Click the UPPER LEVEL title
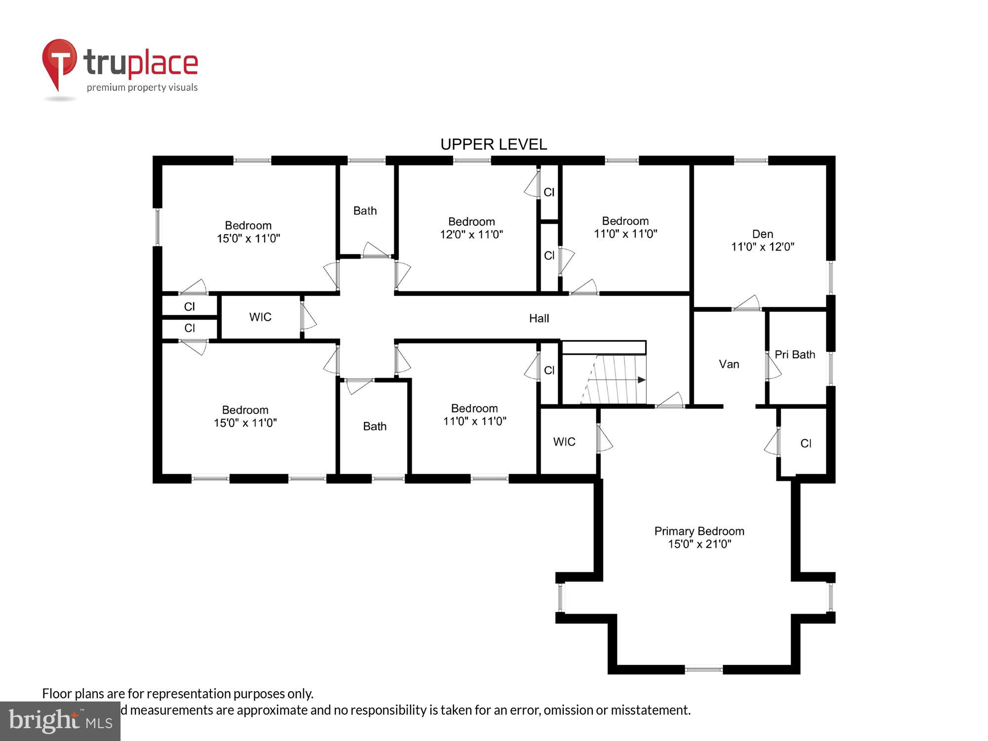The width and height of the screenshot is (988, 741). pyautogui.click(x=494, y=144)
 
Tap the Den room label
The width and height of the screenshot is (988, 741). pyautogui.click(x=762, y=234)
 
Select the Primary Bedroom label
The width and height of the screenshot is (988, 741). pyautogui.click(x=699, y=531)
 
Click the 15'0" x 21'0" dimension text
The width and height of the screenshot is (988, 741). pyautogui.click(x=699, y=544)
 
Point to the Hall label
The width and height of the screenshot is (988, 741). pyautogui.click(x=539, y=319)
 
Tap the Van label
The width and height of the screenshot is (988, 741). pyautogui.click(x=729, y=365)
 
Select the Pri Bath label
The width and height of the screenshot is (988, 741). pyautogui.click(x=794, y=355)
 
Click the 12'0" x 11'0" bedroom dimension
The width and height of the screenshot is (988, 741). pyautogui.click(x=471, y=235)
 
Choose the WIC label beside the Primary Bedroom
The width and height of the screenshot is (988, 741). pyautogui.click(x=564, y=442)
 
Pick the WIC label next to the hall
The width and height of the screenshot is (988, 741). pyautogui.click(x=260, y=317)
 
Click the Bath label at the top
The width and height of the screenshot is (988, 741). pyautogui.click(x=365, y=211)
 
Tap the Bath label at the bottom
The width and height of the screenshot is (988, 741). pyautogui.click(x=374, y=426)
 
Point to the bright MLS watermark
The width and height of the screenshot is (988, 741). pyautogui.click(x=60, y=722)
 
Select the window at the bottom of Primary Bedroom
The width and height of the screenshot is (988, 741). pyautogui.click(x=703, y=669)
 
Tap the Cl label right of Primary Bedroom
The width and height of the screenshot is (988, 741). pyautogui.click(x=806, y=444)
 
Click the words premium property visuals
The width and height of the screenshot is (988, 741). pyautogui.click(x=142, y=88)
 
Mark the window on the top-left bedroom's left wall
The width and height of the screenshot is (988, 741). pyautogui.click(x=158, y=227)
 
